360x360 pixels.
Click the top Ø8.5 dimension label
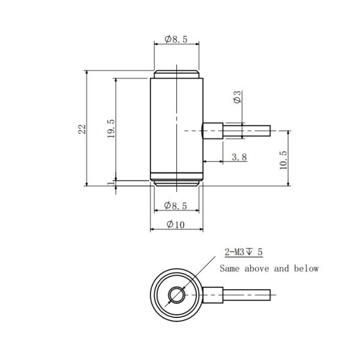pos(176,40)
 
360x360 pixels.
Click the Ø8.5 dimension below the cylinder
pos(176,206)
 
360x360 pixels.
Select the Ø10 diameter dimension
pos(176,224)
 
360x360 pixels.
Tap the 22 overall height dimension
pos(82,128)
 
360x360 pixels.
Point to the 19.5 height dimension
pos(110,128)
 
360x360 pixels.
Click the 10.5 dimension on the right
pos(283,160)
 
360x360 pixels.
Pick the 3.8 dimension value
pos(238,157)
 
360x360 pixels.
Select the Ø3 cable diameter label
pos(238,97)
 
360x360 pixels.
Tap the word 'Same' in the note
pos(231,269)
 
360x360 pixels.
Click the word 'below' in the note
pos(306,269)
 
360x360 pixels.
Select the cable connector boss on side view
pos(212,130)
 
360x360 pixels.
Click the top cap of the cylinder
pos(176,75)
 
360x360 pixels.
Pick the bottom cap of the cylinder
pos(176,182)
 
